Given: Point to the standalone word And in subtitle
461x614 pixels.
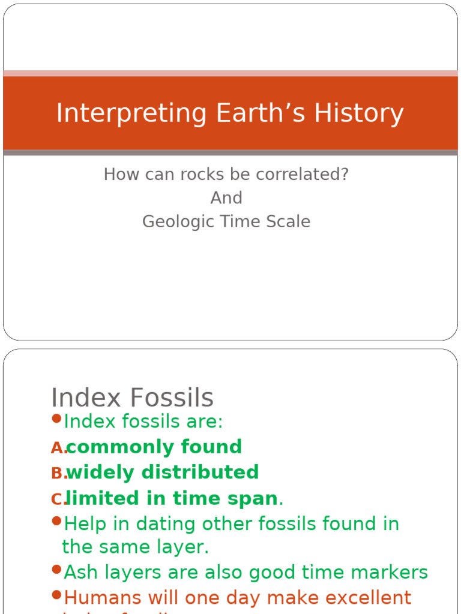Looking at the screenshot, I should point(226,198).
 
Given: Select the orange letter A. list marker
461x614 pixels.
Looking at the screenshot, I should point(58,448).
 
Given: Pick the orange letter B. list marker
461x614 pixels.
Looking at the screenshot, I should point(58,474).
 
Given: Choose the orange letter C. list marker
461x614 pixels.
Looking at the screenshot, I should point(58,499).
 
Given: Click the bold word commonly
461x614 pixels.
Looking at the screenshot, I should point(110,447).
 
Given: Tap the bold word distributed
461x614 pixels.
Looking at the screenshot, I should point(200,472).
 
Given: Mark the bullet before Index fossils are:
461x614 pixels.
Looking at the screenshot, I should point(56,419).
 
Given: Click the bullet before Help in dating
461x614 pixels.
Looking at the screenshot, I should point(56,521).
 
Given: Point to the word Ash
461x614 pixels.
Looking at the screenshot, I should point(79,573).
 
